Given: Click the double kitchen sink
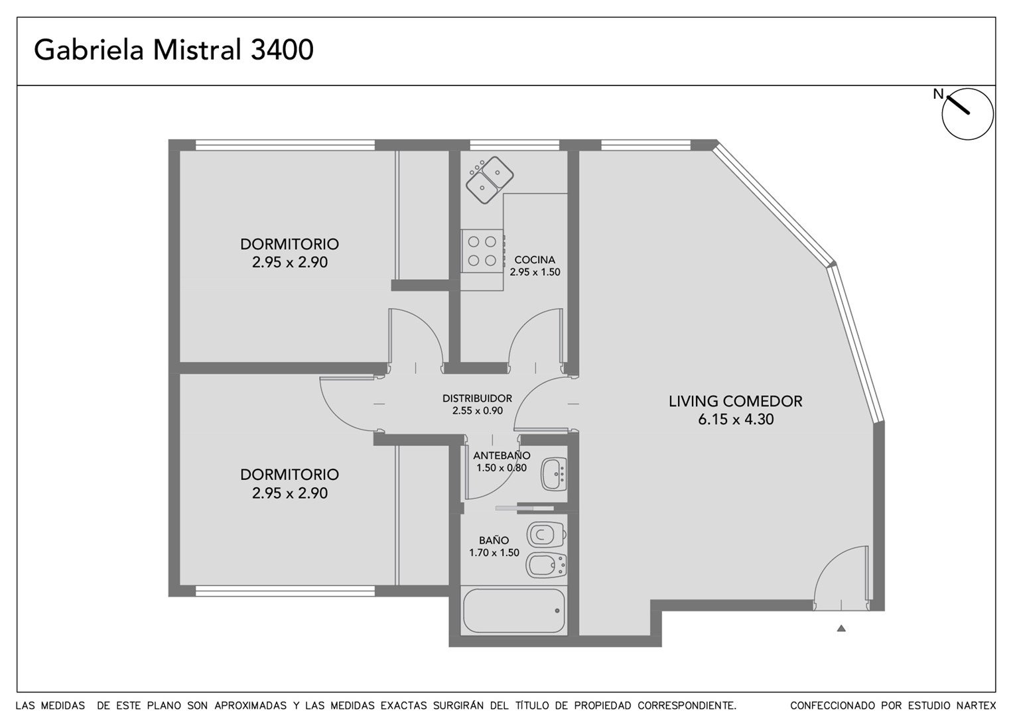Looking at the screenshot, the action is coord(490,180).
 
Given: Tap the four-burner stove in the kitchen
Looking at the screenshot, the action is coord(482,251).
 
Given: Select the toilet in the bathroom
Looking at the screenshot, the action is coord(546,535).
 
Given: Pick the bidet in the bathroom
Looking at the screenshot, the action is coord(546,565).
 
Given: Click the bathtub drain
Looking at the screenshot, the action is coord(557,611).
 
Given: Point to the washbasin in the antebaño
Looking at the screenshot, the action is coord(553,474).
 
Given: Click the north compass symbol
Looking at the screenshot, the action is coord(967,113).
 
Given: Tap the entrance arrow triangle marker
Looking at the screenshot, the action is coord(841,628).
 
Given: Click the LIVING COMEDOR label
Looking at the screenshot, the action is coord(735,401).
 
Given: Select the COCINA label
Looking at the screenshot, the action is coord(535,260).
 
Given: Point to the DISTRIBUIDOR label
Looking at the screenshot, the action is coord(477,398).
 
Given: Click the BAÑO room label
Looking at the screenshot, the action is coord(494,540).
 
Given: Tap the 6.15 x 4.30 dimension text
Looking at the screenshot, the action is coord(736,419).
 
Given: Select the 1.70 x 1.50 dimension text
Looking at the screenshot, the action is coord(494,552).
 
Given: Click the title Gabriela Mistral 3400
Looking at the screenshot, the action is coord(174,50).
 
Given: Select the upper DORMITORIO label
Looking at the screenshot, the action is coord(289,244).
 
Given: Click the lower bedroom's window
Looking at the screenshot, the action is coord(285,591).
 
